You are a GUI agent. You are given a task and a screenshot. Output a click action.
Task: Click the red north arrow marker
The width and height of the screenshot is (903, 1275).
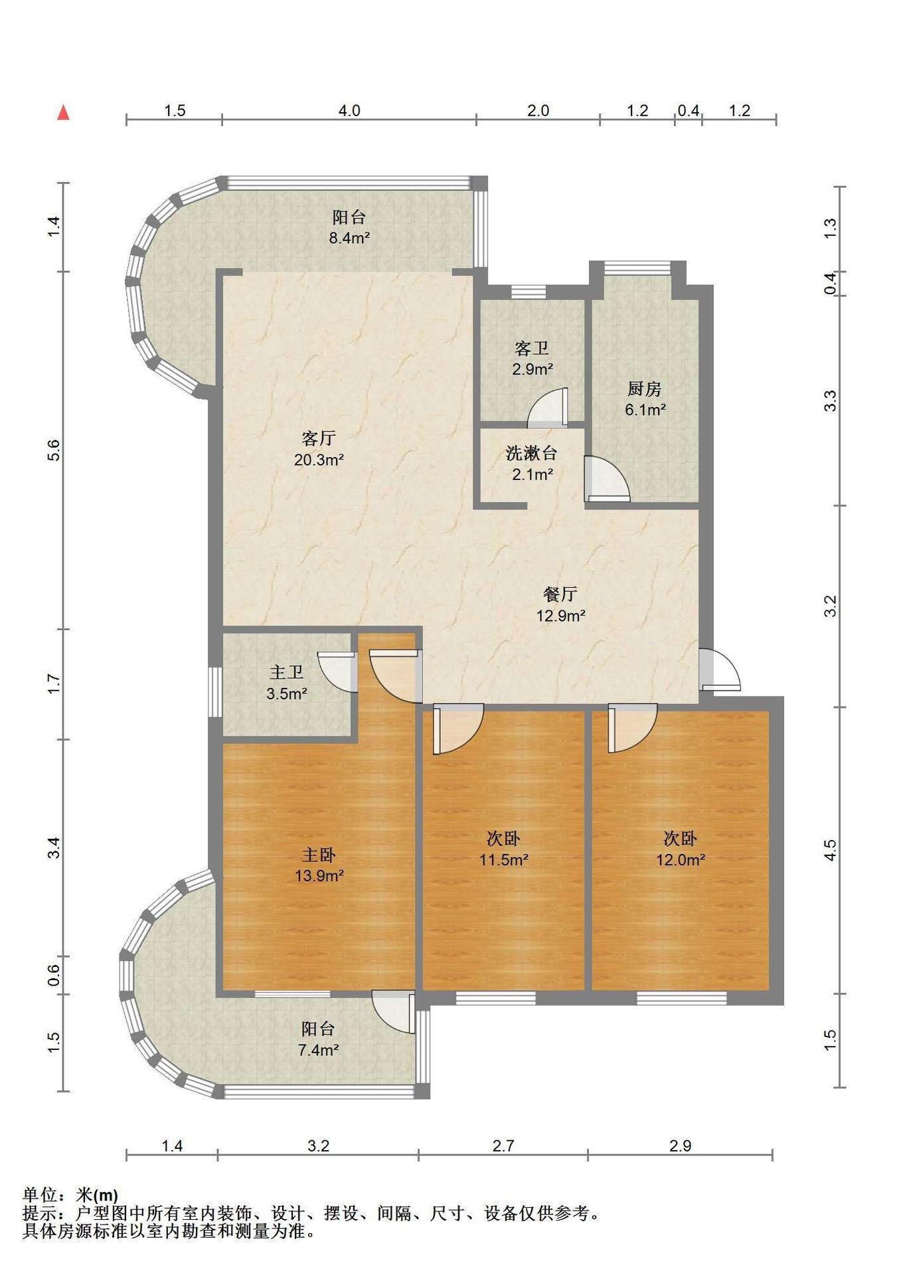64,112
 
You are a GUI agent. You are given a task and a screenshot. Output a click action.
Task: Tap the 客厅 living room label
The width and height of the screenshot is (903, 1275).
319,438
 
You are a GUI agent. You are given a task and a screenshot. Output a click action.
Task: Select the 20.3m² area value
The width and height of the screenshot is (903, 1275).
319,460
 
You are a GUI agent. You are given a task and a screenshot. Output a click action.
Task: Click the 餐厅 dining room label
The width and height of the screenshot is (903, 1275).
560,594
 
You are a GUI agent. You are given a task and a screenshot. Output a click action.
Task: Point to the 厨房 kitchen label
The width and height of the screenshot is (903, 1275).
645,389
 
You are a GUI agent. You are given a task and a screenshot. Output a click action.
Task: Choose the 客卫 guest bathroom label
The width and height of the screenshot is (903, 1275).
532,349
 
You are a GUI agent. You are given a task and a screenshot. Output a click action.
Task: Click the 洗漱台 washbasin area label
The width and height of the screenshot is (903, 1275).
531,454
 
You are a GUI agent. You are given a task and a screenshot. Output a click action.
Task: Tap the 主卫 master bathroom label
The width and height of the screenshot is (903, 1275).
287,673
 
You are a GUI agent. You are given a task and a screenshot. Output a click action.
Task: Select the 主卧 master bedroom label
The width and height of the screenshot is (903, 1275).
319,855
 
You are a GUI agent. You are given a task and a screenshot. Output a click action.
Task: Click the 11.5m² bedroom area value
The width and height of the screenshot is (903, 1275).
505,860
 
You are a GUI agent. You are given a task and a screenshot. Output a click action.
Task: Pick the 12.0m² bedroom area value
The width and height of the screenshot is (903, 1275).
681,860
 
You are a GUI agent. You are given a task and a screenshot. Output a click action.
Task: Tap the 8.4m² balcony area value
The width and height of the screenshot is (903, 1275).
349,238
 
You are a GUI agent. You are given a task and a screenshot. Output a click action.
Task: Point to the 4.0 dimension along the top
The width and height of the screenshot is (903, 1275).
349,111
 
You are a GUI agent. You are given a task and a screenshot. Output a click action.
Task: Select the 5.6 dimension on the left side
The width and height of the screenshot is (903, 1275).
54,450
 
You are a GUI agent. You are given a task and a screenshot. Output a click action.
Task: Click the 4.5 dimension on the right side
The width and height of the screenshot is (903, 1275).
830,851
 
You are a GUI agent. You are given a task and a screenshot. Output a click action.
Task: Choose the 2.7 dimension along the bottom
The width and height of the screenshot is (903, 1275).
503,1146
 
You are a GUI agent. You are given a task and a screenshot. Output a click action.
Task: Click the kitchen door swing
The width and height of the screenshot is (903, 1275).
607,479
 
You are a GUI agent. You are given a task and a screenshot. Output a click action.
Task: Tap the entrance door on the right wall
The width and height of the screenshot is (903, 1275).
720,669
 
